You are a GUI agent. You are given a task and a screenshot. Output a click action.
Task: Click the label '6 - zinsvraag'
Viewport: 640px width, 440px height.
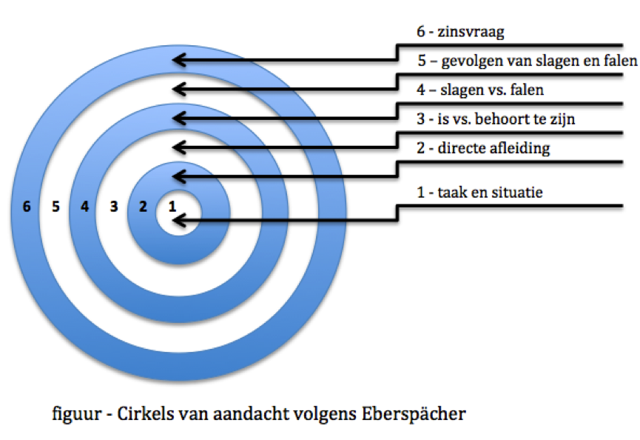point(460,32)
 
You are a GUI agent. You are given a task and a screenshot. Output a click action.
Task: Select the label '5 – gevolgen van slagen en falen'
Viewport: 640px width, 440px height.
point(528,61)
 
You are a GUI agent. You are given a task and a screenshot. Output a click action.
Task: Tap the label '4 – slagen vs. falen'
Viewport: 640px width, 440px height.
point(480,90)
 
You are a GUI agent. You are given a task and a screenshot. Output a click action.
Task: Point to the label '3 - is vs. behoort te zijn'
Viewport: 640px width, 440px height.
point(496,119)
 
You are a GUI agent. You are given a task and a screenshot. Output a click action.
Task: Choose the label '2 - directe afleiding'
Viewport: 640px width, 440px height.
point(483,148)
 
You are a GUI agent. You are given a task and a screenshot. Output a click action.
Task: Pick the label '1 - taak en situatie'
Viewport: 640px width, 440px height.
point(479,192)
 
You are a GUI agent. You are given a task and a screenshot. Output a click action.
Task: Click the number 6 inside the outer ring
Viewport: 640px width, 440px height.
point(27,207)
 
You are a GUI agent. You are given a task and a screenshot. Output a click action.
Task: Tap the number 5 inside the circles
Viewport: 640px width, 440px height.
point(56,207)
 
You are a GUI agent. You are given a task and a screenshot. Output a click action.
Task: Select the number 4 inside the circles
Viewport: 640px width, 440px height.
point(84,207)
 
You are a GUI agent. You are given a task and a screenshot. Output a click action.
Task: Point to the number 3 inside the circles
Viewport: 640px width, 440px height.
point(114,207)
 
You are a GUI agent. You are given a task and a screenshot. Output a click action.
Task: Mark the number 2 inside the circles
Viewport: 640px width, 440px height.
point(143,207)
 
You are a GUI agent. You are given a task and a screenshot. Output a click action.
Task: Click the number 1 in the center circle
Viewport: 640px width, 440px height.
point(172,207)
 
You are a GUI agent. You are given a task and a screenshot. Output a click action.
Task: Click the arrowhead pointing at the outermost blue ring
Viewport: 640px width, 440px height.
point(179,60)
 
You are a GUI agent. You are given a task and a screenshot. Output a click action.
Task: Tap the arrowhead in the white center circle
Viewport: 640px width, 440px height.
point(179,221)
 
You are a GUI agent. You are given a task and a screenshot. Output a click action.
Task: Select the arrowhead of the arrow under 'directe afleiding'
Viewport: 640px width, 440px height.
point(179,177)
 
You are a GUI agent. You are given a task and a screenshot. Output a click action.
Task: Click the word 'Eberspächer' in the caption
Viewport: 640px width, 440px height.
point(414,414)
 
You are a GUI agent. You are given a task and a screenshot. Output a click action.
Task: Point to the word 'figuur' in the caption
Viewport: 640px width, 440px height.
point(76,415)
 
